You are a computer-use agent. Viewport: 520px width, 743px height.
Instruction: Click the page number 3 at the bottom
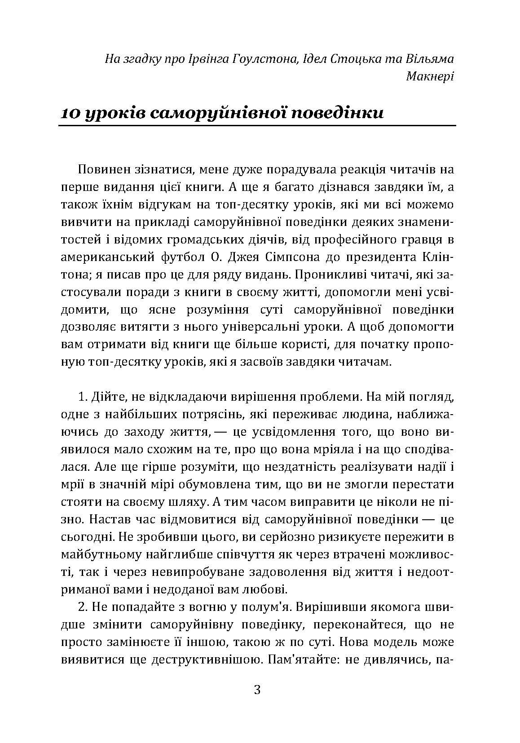[x=257, y=690]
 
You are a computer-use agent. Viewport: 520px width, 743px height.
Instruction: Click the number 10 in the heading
[x=70, y=112]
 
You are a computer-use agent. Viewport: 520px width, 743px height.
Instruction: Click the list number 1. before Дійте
[x=83, y=398]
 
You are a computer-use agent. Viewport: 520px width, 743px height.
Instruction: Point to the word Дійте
[x=105, y=398]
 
